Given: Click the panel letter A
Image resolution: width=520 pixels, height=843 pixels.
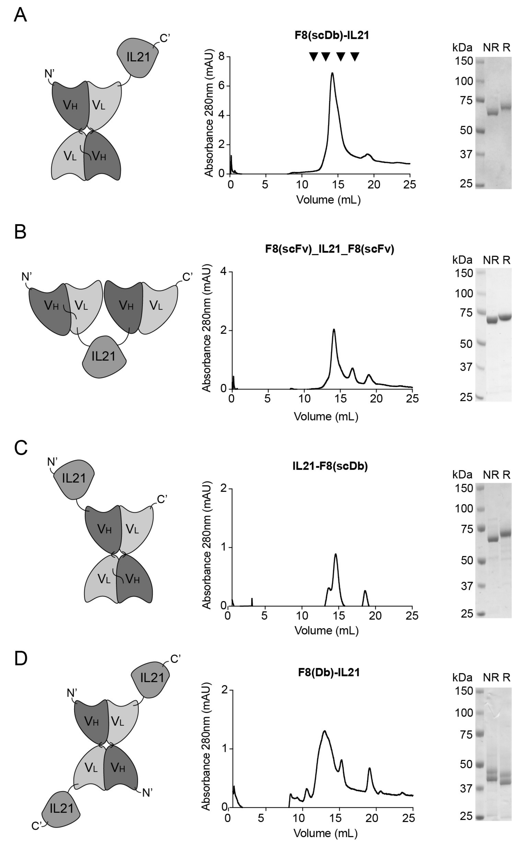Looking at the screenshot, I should click(x=20, y=15).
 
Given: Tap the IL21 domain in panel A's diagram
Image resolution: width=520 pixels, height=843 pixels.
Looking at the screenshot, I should click(x=138, y=56).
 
